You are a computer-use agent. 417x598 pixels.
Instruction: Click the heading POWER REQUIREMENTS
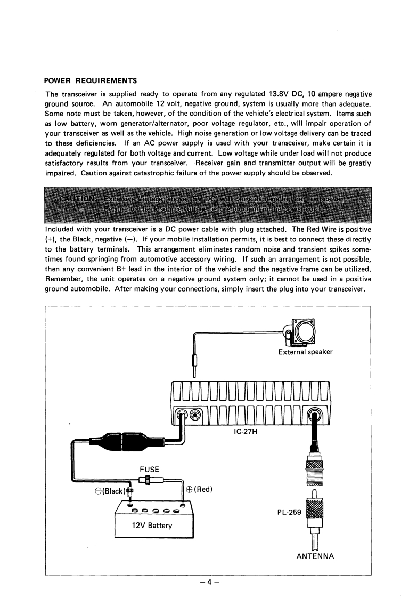pyautogui.click(x=91, y=81)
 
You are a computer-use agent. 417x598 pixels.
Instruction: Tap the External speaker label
pyautogui.click(x=305, y=352)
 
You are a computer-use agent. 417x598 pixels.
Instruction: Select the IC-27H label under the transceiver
pyautogui.click(x=246, y=431)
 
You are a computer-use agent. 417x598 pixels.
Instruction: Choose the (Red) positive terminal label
pyautogui.click(x=202, y=490)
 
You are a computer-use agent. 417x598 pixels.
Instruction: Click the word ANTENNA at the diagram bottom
pyautogui.click(x=315, y=556)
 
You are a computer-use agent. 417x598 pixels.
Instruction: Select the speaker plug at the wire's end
pyautogui.click(x=194, y=367)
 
